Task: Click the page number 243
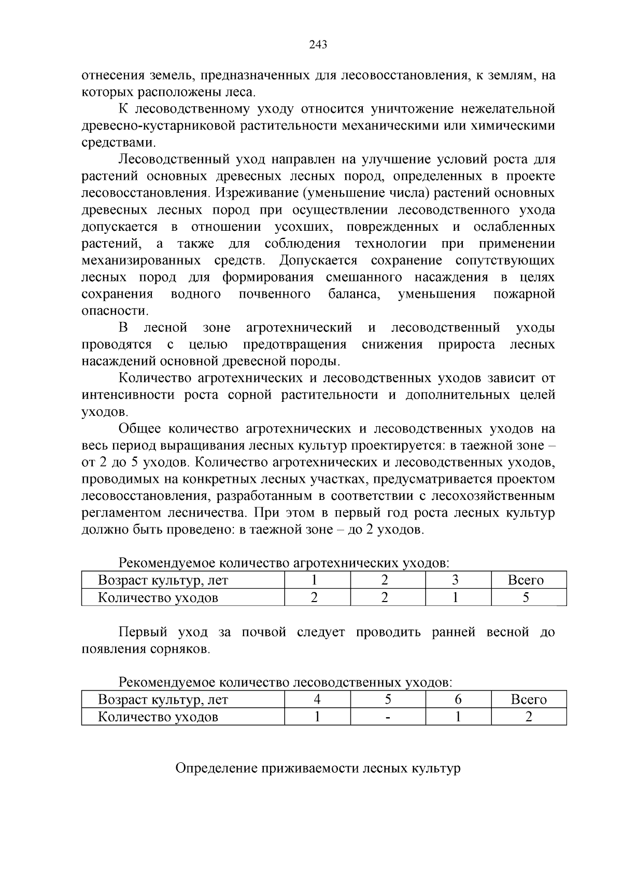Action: click(x=318, y=45)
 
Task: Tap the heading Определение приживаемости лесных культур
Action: click(x=318, y=768)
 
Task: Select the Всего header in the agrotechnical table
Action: click(x=526, y=580)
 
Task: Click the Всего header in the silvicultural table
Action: click(x=529, y=700)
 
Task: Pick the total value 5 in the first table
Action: click(x=526, y=597)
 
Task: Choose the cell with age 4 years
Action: click(x=317, y=700)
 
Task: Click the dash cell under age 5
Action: click(x=387, y=717)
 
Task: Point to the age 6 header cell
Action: click(x=458, y=700)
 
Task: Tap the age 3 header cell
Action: click(x=455, y=580)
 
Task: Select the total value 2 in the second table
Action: click(x=528, y=717)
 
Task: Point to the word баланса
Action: click(x=354, y=294)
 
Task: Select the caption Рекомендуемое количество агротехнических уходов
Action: click(x=284, y=563)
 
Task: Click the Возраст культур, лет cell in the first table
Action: click(x=163, y=580)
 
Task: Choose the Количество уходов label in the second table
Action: click(x=158, y=717)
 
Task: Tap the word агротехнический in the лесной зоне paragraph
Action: click(x=299, y=328)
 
